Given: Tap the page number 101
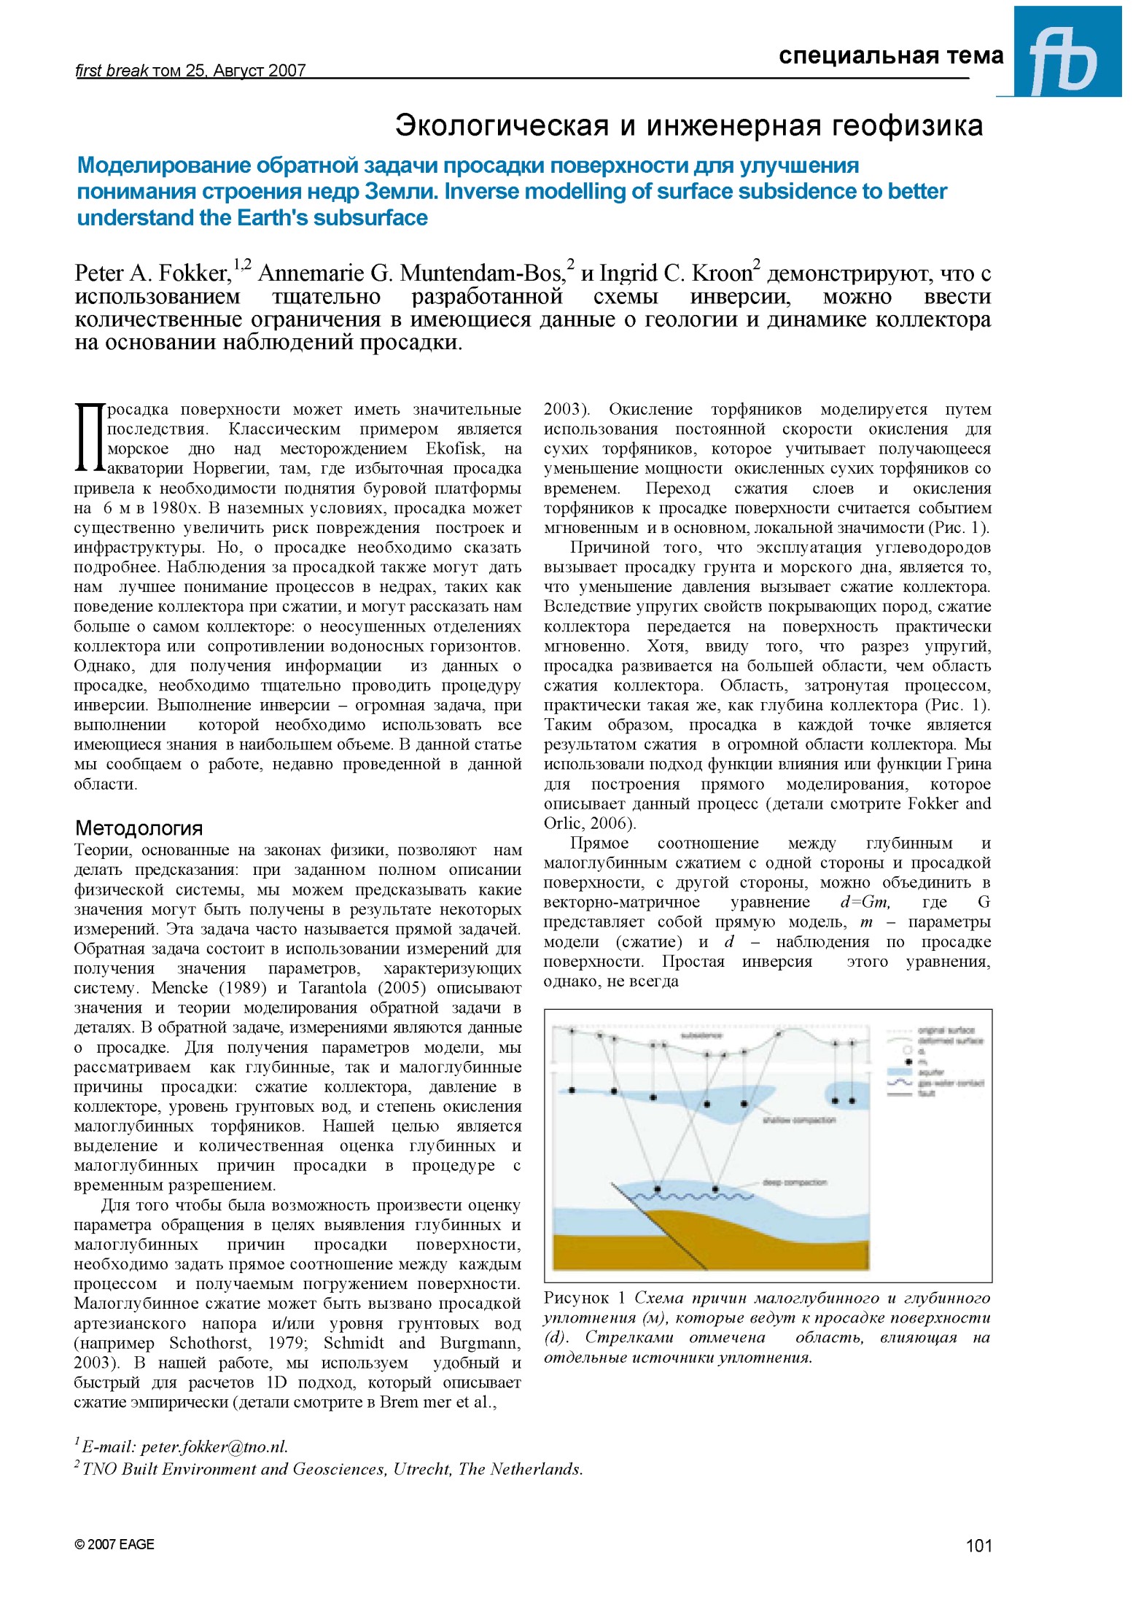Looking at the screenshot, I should [978, 1546].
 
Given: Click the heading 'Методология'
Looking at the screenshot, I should [139, 828].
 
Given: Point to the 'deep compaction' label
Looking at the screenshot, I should [794, 1183].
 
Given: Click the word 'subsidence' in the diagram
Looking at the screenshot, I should [701, 1035].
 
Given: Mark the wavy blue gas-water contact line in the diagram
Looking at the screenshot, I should [693, 1196].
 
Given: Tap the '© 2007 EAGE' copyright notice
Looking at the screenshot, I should [114, 1544].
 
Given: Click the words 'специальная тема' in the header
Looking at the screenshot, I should [890, 55].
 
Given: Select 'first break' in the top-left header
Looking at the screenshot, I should [112, 70].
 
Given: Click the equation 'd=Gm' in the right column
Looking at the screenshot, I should [864, 903].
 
